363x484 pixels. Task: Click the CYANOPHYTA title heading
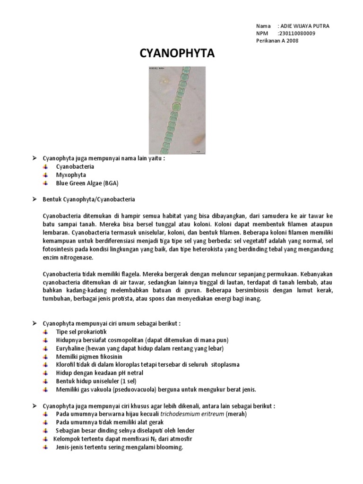coord(177,54)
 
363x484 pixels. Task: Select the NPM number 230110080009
coord(298,33)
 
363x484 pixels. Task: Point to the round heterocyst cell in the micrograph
coord(176,105)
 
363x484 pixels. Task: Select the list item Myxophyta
coord(69,175)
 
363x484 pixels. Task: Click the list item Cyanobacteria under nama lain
coord(75,167)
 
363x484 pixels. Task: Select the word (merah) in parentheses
coord(236,414)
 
